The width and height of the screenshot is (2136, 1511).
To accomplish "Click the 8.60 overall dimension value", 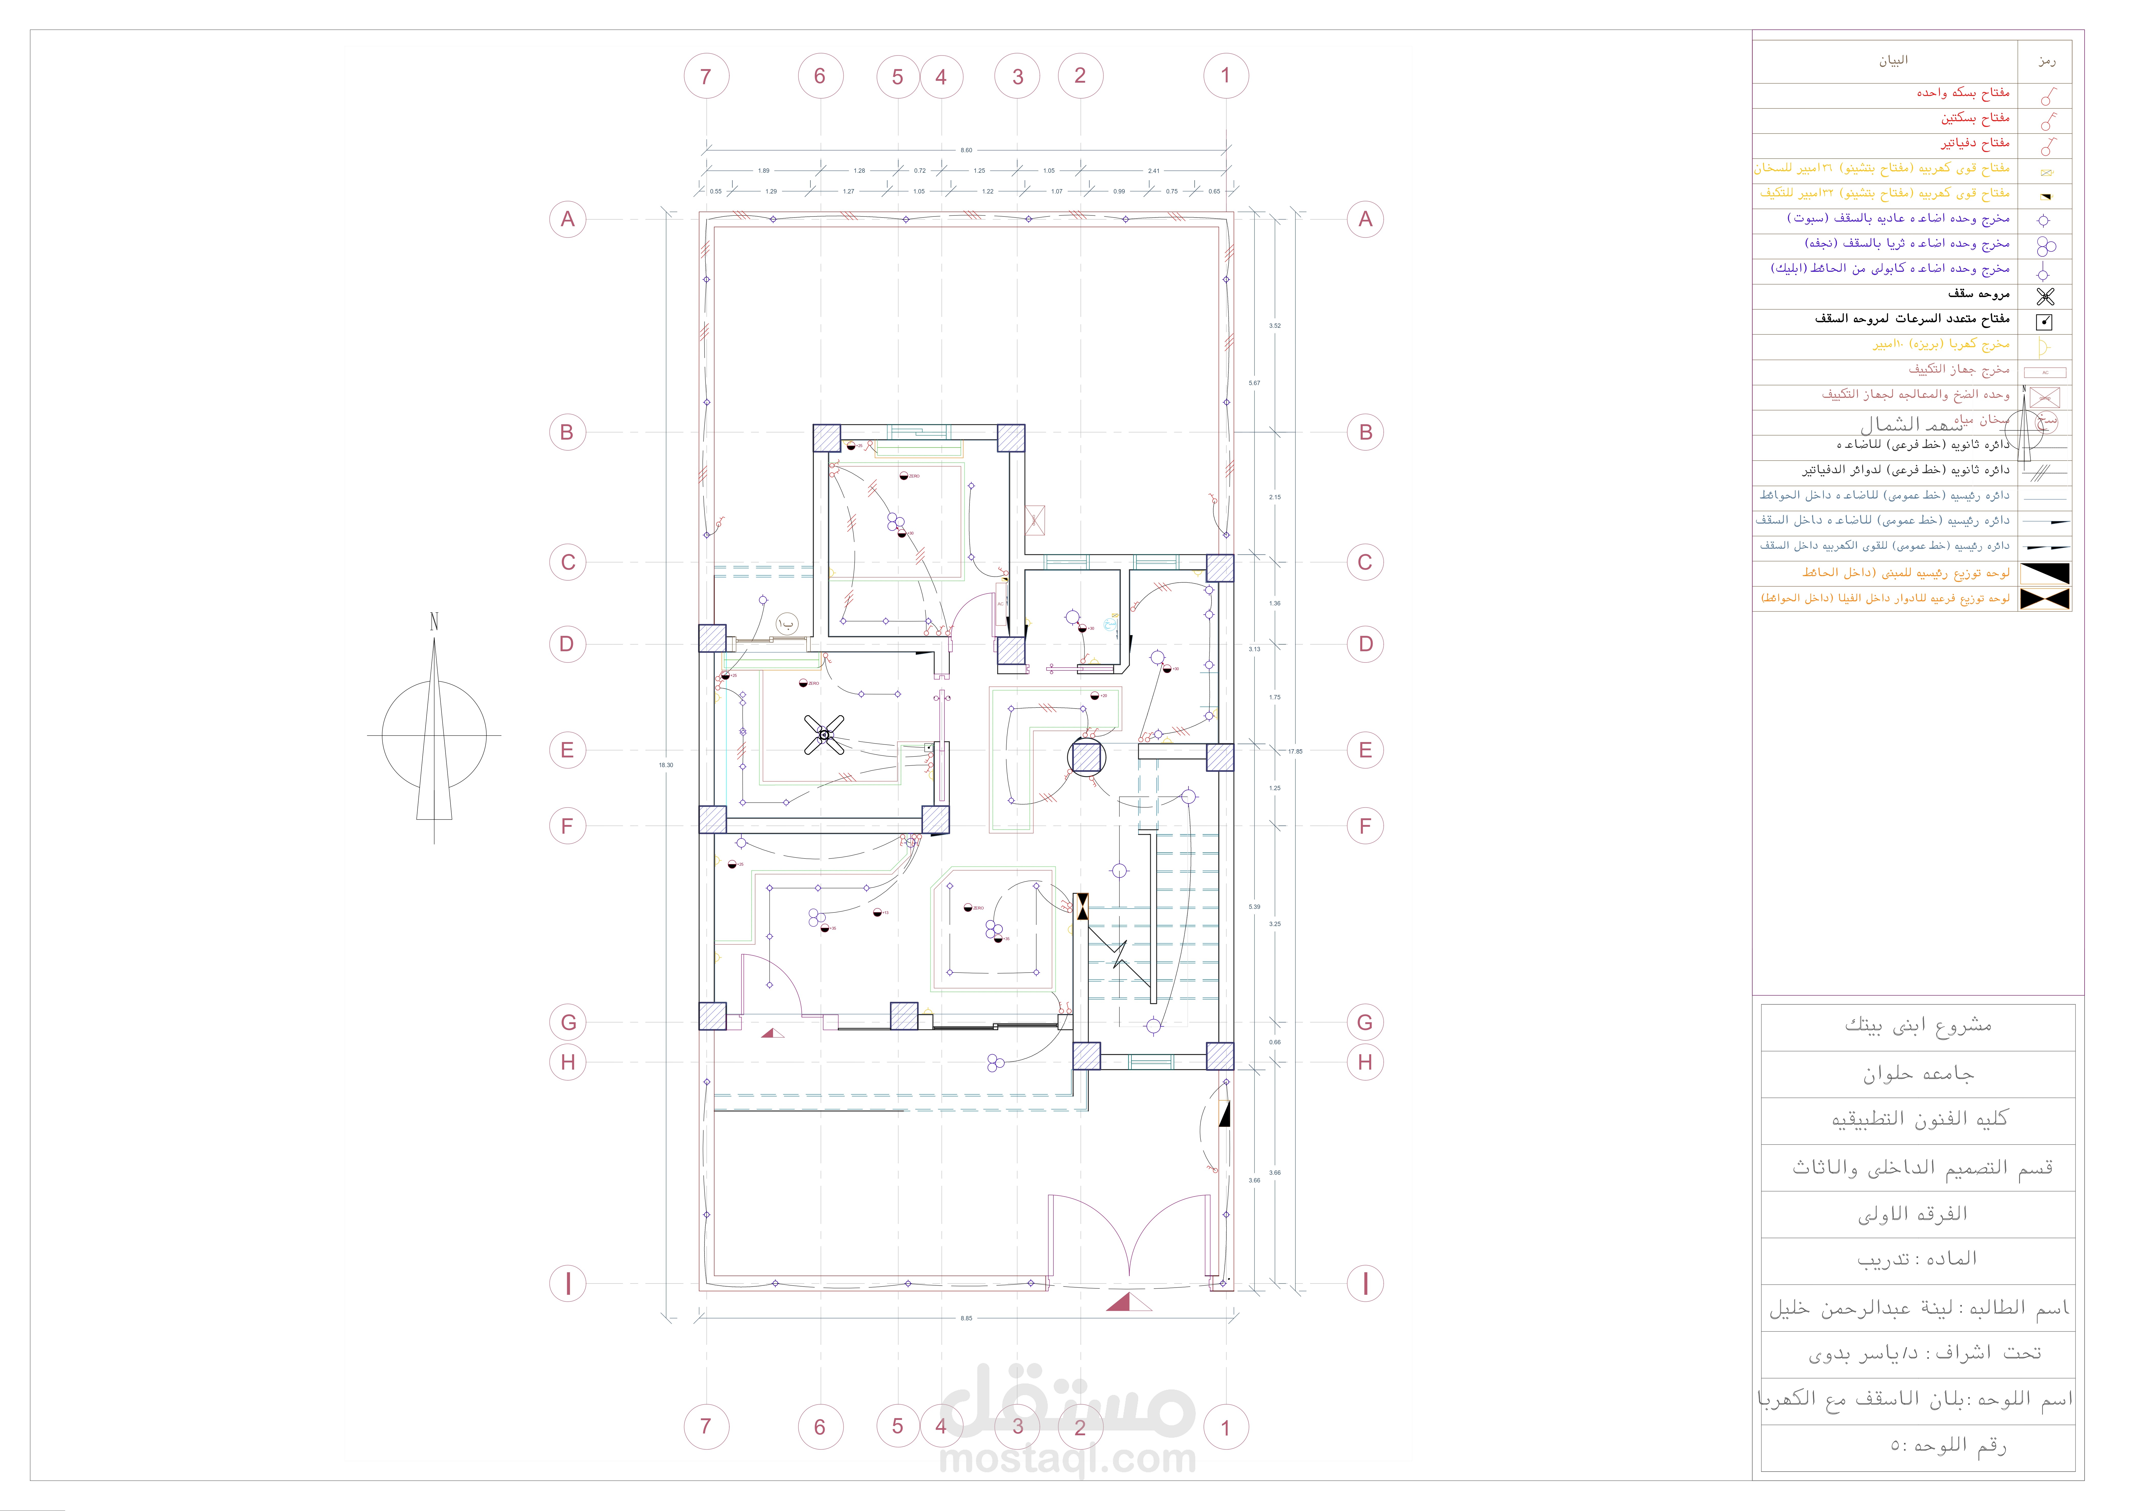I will [967, 150].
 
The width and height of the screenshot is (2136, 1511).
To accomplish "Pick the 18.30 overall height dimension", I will [666, 765].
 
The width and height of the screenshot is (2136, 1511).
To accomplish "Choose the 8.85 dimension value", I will [967, 1318].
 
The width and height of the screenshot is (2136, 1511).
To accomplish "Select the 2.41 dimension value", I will [1154, 170].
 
